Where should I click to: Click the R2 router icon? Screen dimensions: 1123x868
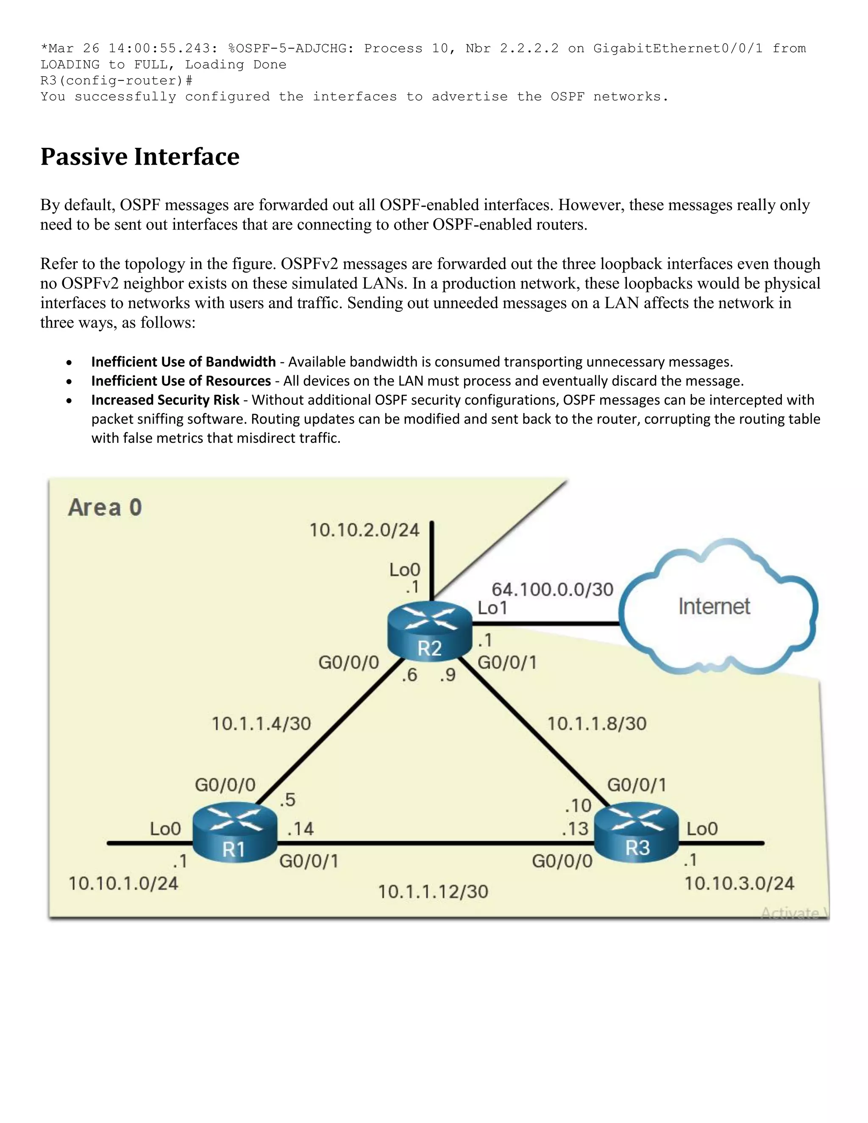430,631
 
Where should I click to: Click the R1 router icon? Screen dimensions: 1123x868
235,832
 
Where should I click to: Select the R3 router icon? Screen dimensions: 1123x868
637,832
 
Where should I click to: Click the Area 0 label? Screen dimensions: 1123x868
105,508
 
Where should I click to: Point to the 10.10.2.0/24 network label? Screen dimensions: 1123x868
364,530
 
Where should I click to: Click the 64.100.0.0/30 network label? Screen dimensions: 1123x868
552,589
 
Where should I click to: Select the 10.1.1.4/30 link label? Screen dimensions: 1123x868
261,724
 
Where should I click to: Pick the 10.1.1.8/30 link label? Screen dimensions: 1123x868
596,724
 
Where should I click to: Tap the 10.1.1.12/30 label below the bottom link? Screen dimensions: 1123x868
433,892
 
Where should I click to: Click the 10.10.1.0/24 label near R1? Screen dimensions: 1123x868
123,884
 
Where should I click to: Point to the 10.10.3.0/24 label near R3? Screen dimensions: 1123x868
739,884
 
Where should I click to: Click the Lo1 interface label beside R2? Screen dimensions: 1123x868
492,608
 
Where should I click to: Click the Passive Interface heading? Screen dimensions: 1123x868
140,157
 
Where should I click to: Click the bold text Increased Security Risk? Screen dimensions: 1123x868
165,400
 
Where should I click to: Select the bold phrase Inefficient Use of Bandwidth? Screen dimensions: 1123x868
183,362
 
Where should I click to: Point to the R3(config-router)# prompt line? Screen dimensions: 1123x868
116,81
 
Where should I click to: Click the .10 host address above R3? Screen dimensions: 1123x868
578,805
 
